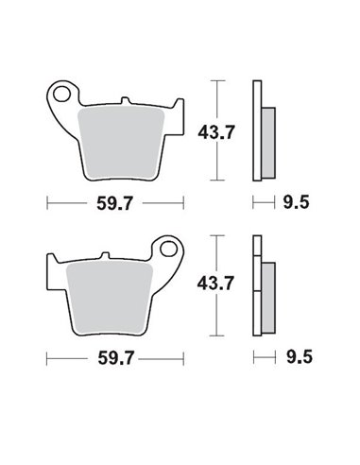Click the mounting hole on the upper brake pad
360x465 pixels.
[65, 95]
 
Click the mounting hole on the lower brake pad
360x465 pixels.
[169, 252]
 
